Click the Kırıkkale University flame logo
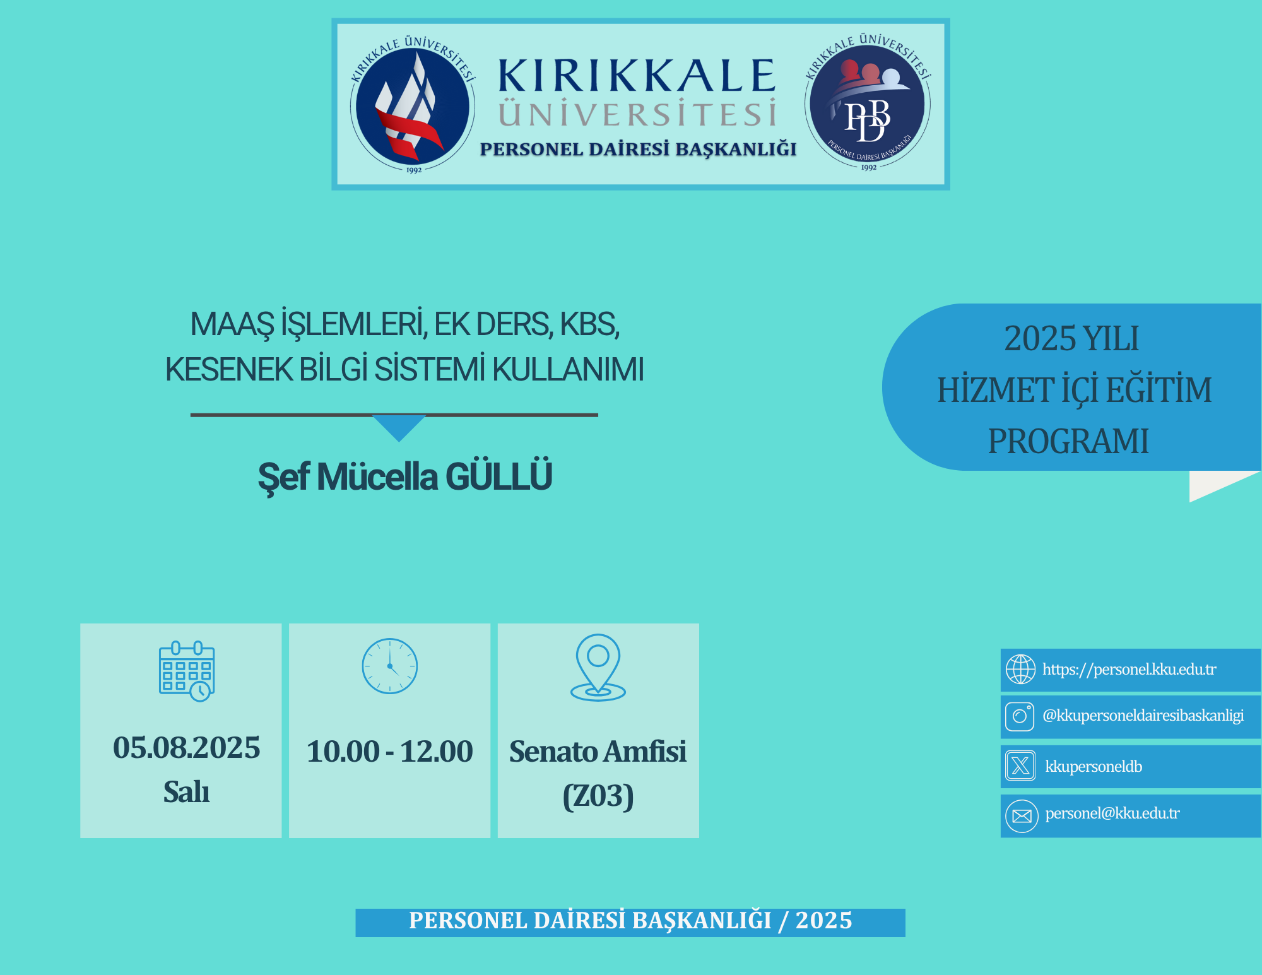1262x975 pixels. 413,105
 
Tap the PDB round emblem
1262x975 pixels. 868,103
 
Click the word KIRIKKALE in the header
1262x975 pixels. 637,76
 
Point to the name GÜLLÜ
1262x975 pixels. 499,476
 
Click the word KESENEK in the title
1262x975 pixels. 228,370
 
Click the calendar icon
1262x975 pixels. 187,671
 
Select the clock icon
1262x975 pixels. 390,666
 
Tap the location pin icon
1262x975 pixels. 598,668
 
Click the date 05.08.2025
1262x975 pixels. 187,748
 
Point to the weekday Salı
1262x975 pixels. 187,791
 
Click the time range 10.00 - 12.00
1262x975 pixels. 390,751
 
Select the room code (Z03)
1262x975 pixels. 598,796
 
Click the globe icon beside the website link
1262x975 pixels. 1020,669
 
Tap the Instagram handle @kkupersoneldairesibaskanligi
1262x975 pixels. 1143,716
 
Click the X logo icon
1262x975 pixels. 1020,765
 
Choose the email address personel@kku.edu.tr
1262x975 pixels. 1112,813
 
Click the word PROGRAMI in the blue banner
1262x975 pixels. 1068,441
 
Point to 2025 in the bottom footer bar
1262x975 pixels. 824,921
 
